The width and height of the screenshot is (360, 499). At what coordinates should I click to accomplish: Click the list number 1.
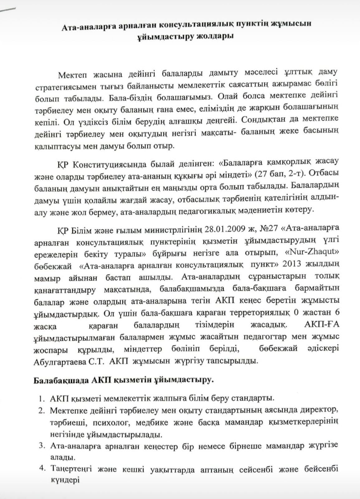click(x=41, y=399)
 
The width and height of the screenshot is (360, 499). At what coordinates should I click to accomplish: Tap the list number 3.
click(x=41, y=445)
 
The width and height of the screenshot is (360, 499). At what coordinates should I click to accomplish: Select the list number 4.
click(x=41, y=469)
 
